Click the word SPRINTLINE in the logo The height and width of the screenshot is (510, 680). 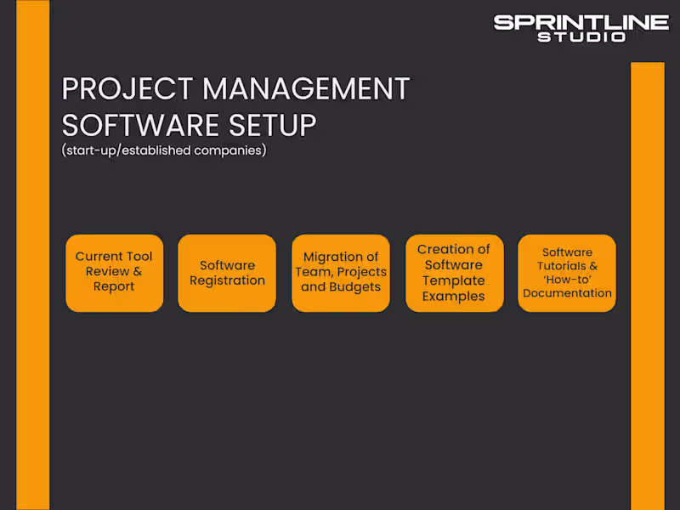pos(581,22)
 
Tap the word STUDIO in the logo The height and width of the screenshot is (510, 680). pos(581,37)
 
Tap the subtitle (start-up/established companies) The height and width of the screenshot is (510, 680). pos(164,150)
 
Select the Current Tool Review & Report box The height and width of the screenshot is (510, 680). pos(114,273)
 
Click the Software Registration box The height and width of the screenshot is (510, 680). pos(227,273)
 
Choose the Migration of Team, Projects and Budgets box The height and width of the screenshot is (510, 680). pos(340,273)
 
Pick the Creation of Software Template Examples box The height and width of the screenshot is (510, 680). pos(454,273)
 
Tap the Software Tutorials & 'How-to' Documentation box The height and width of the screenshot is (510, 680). pos(567,273)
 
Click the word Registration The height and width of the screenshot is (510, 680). pos(227,280)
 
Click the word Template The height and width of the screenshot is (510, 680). pos(454,280)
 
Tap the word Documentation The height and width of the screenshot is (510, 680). pos(567,293)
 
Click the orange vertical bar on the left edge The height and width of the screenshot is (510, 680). pos(33,255)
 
